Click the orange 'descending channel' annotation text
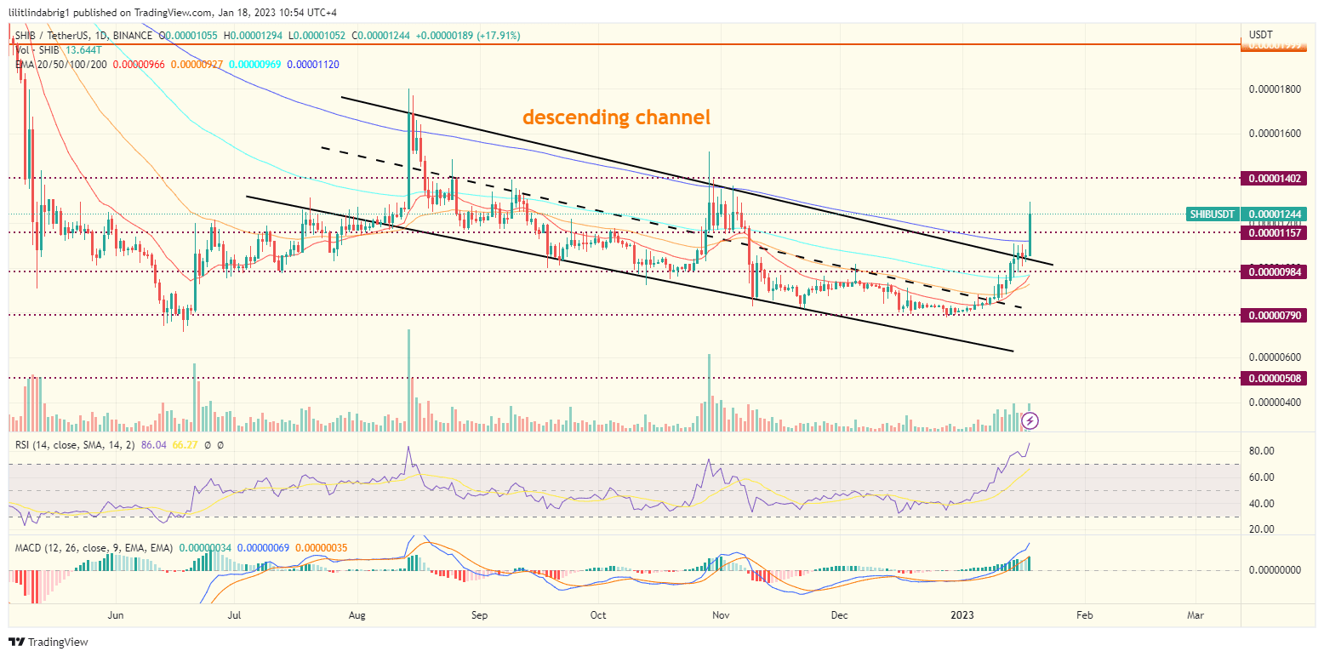click(x=616, y=117)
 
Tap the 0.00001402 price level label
click(x=1276, y=179)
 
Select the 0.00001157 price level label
click(x=1276, y=231)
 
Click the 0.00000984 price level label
click(x=1276, y=271)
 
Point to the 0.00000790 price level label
click(x=1276, y=316)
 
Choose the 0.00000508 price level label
click(x=1276, y=378)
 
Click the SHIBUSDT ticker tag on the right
click(x=1212, y=214)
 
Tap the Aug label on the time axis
click(x=357, y=614)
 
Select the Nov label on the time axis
click(x=721, y=614)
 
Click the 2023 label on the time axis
click(x=962, y=614)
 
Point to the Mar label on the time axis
click(x=1196, y=614)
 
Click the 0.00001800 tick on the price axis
click(x=1274, y=89)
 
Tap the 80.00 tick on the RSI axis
click(x=1261, y=451)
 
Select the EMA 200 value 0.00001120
click(x=314, y=64)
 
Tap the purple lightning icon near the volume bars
click(x=1030, y=420)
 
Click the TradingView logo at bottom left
click(x=49, y=642)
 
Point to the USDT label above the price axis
click(x=1260, y=34)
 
